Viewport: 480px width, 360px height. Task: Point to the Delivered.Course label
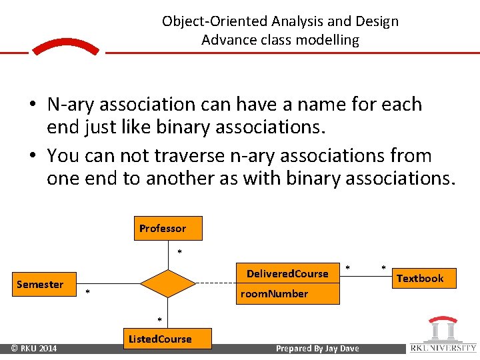pyautogui.click(x=287, y=273)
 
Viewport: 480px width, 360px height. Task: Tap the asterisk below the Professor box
pyautogui.click(x=179, y=252)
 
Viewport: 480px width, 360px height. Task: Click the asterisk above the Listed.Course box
pyautogui.click(x=159, y=318)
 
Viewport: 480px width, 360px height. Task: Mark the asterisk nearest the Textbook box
pyautogui.click(x=383, y=268)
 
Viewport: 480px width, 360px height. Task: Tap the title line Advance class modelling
pyautogui.click(x=280, y=40)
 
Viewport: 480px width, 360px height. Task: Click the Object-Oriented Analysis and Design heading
pyautogui.click(x=280, y=21)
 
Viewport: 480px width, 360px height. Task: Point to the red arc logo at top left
pyautogui.click(x=65, y=47)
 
